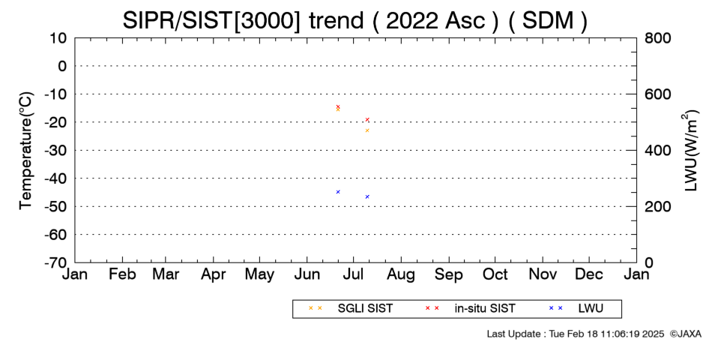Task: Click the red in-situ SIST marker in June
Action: click(338, 106)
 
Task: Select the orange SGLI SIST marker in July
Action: click(367, 130)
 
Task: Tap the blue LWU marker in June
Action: click(338, 192)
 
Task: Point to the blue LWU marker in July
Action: click(367, 196)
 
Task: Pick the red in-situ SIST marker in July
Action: click(367, 119)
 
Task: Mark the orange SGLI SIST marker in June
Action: click(338, 109)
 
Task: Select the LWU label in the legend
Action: click(591, 308)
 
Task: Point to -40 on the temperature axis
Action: click(55, 178)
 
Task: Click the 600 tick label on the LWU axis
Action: click(657, 94)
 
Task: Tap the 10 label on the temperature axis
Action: click(58, 37)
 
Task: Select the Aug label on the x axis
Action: click(401, 274)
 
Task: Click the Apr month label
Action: click(214, 274)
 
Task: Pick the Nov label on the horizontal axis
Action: click(543, 274)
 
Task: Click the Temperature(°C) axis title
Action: click(26, 151)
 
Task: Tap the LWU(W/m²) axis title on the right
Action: click(690, 151)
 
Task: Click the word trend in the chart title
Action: click(337, 21)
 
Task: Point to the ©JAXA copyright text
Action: click(685, 334)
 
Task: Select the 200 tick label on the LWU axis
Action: click(657, 206)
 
